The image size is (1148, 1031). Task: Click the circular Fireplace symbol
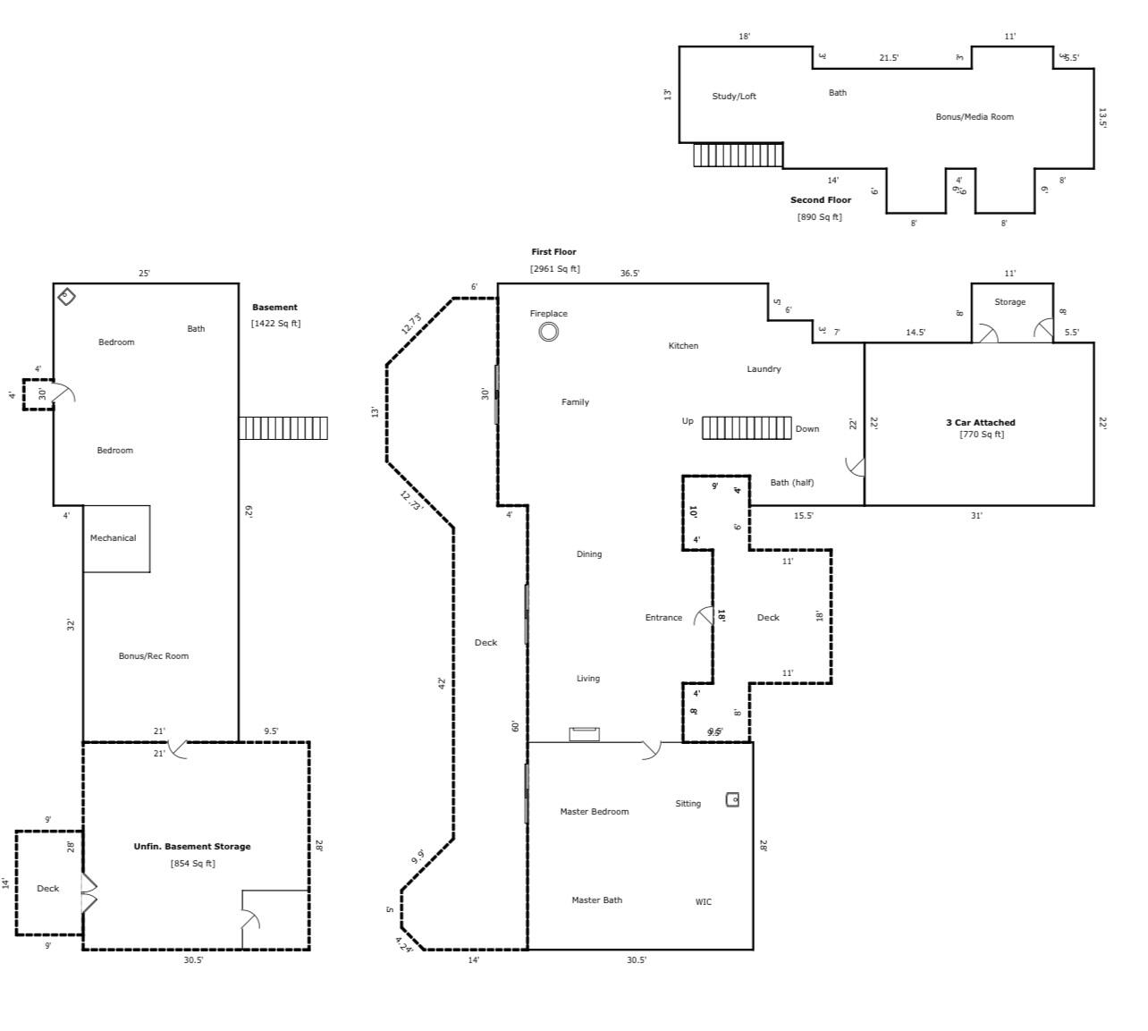tap(548, 332)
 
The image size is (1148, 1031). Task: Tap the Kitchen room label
tap(683, 346)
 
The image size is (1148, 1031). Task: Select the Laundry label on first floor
tap(764, 369)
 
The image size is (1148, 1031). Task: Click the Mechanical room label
tap(113, 538)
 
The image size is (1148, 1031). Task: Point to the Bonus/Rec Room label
tap(154, 656)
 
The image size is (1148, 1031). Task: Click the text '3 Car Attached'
tap(980, 423)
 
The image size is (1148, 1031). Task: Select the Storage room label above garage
tap(1009, 302)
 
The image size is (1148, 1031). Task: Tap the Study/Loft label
tap(733, 97)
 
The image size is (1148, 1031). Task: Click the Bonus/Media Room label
tap(974, 117)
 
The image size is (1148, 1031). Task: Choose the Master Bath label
tap(596, 900)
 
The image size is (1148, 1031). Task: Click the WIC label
tap(704, 902)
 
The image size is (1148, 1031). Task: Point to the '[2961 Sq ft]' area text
tap(554, 269)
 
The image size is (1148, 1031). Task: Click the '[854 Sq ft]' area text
tap(192, 864)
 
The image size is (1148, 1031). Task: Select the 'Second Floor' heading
tap(820, 200)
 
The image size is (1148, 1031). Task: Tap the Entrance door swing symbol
tap(704, 616)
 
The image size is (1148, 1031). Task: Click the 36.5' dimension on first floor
tap(629, 274)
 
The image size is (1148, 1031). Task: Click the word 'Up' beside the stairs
tap(687, 421)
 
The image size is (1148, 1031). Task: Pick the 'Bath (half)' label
tap(791, 483)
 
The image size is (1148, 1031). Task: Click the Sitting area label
tap(688, 804)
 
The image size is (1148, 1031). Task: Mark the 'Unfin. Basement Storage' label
tap(192, 847)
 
